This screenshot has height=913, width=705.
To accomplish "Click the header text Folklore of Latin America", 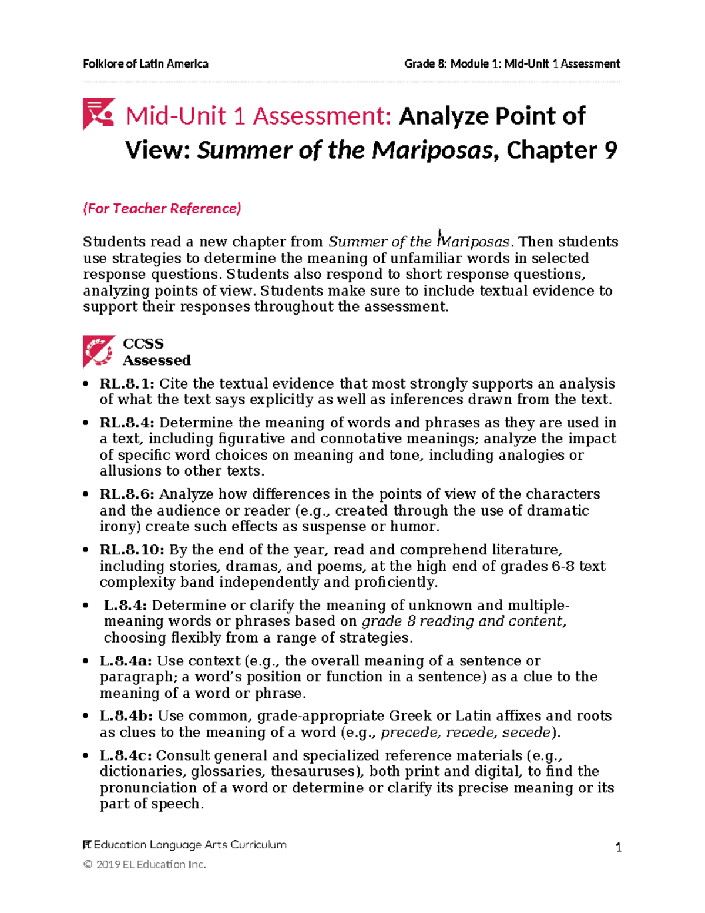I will click(145, 63).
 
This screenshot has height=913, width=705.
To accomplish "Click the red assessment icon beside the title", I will click(98, 113).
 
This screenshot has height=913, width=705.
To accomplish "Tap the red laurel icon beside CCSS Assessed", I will click(99, 351).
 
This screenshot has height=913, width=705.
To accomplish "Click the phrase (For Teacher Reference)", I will click(162, 208).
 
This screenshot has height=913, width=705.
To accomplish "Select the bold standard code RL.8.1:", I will click(127, 384).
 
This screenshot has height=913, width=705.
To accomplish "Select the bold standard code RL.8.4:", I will click(127, 423).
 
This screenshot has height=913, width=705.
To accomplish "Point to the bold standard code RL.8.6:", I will click(127, 494).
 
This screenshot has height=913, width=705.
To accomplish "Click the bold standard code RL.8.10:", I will click(132, 550).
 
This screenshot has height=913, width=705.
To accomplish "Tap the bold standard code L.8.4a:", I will click(126, 661).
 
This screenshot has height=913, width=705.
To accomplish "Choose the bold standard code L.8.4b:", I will click(126, 716).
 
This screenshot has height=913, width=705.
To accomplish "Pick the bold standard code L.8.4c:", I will click(126, 755).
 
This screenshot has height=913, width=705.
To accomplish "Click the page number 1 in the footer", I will click(618, 847).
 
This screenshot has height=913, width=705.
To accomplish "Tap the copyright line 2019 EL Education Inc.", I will click(145, 864).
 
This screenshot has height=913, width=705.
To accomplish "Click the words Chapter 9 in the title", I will click(561, 151).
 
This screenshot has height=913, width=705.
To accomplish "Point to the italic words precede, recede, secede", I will click(466, 733).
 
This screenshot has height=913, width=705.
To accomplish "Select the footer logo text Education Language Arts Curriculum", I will click(184, 845).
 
